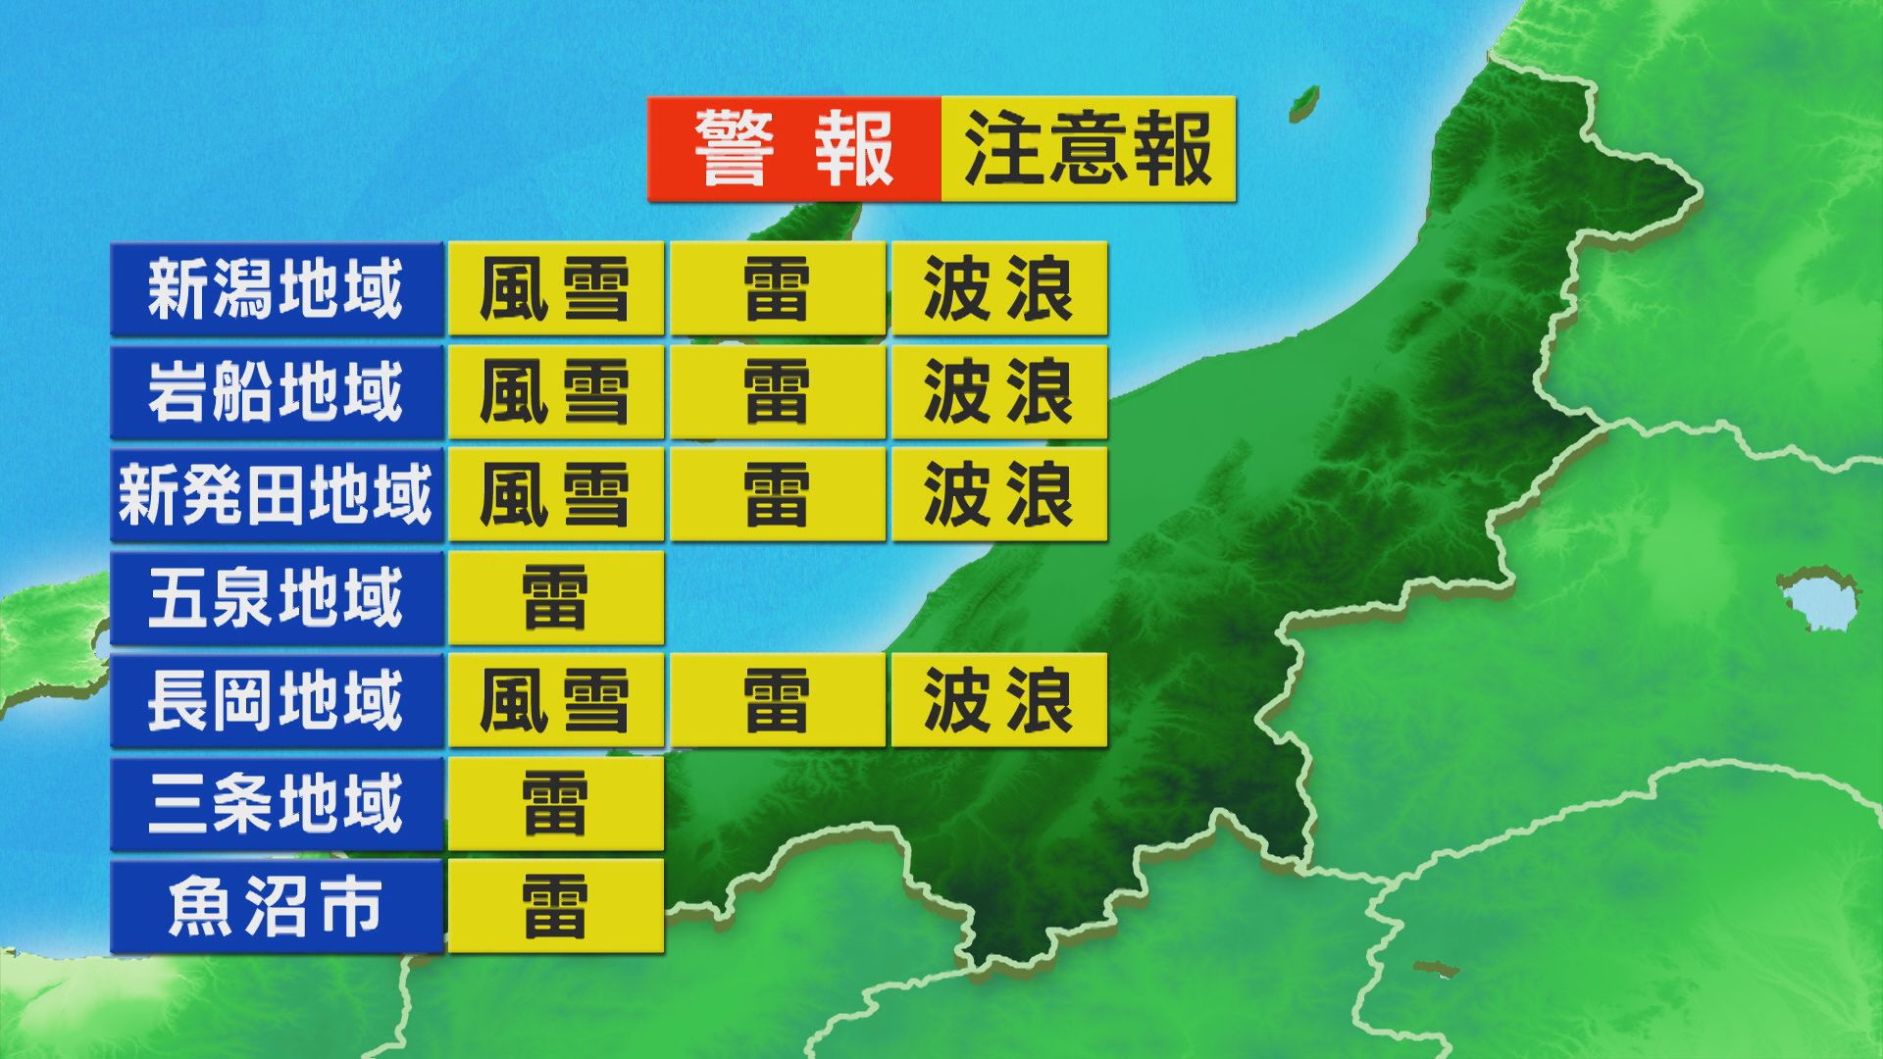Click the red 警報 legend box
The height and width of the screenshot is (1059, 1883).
[x=793, y=149]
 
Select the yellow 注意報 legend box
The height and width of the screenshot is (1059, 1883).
[x=1088, y=149]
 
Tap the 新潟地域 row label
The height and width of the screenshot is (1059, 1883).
[x=276, y=289]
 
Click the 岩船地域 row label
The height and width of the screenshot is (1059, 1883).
[x=276, y=392]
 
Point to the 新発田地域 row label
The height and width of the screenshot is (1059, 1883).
[x=276, y=494]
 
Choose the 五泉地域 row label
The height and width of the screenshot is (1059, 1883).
[x=276, y=597]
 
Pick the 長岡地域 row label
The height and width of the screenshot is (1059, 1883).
[x=276, y=700]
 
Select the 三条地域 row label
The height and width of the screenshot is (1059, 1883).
[x=276, y=803]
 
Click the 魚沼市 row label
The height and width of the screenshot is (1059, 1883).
[x=276, y=906]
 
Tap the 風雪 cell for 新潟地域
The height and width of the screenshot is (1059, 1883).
[x=555, y=289]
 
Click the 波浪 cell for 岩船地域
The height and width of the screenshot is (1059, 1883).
[x=998, y=392]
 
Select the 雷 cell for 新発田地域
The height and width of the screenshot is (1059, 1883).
[x=777, y=494]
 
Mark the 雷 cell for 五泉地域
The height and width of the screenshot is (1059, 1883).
[x=555, y=597]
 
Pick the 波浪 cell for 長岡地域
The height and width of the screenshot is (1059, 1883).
[x=998, y=700]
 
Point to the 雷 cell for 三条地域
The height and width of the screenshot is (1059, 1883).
[x=555, y=803]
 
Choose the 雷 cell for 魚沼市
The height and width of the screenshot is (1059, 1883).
[x=555, y=906]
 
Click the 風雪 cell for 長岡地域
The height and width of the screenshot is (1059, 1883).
[x=555, y=700]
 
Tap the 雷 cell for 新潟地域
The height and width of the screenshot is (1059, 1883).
[x=777, y=289]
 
